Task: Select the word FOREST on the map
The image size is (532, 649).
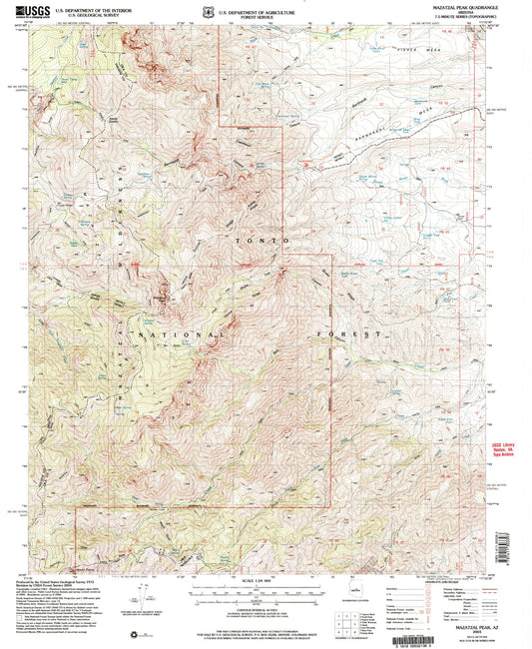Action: pos(353,333)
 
